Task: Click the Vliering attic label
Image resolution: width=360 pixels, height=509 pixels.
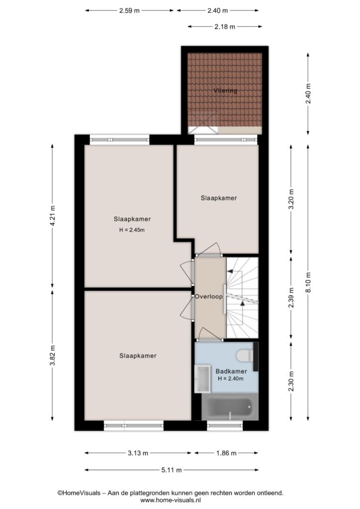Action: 225,90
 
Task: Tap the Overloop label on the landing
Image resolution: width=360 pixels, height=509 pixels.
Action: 209,296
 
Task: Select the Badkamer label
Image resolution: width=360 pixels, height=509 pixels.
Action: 231,371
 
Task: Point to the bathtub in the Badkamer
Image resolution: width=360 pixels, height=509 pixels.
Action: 230,407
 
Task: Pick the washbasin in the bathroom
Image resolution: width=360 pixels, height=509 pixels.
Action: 202,379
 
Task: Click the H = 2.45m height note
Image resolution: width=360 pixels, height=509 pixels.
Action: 132,230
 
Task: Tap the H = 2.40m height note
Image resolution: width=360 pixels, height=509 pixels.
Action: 231,378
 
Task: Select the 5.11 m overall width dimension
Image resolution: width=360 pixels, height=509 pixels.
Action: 172,470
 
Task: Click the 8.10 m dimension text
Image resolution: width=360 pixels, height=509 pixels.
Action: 308,282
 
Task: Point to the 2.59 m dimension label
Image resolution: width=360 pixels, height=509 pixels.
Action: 129,10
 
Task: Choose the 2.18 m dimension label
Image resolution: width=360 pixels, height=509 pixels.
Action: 225,27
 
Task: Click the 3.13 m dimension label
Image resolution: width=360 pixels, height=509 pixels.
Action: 138,453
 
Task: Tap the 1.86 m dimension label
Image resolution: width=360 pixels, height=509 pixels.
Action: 226,453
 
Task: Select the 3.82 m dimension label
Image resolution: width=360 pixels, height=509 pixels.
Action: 53,355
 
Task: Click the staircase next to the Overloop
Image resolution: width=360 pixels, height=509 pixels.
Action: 242,298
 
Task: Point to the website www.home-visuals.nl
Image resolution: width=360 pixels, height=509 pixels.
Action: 171,500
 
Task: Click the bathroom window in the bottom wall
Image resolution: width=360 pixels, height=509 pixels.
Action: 225,425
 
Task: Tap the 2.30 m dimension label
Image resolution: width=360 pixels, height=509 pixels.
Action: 291,381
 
